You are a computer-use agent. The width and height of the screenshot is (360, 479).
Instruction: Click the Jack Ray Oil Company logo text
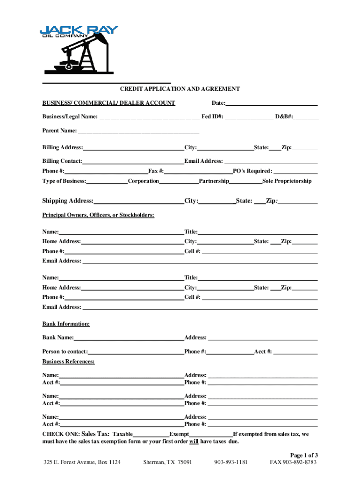click(x=79, y=31)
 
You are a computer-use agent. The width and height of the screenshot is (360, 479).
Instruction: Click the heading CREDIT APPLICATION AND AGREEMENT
click(x=180, y=89)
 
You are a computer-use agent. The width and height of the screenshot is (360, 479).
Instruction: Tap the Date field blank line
click(x=272, y=104)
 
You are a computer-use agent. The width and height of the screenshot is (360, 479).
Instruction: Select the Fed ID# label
click(x=212, y=116)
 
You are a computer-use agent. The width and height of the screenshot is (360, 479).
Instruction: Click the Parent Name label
click(x=60, y=131)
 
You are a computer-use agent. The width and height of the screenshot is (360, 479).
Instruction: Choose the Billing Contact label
click(x=62, y=161)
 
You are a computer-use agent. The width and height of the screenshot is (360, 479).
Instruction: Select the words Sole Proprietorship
click(x=287, y=181)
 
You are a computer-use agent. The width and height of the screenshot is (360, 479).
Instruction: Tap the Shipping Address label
click(x=68, y=201)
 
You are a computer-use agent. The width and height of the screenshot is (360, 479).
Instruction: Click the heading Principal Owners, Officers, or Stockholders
click(x=98, y=215)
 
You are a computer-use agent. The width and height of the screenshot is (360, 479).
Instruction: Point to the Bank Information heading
click(x=66, y=324)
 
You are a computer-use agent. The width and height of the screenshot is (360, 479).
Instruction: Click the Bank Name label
click(x=58, y=338)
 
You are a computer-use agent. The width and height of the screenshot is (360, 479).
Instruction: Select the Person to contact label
click(x=65, y=352)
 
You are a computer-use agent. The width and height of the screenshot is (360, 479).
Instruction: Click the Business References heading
click(x=68, y=362)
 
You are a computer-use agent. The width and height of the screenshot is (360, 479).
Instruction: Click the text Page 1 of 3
click(x=304, y=455)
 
